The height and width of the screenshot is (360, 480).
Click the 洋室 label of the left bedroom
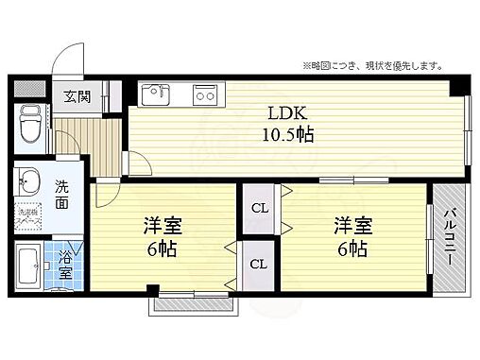163,228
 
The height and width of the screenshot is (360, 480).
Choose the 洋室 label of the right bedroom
351,227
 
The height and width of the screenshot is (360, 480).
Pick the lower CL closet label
258,265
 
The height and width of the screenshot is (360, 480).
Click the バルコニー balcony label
453,237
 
